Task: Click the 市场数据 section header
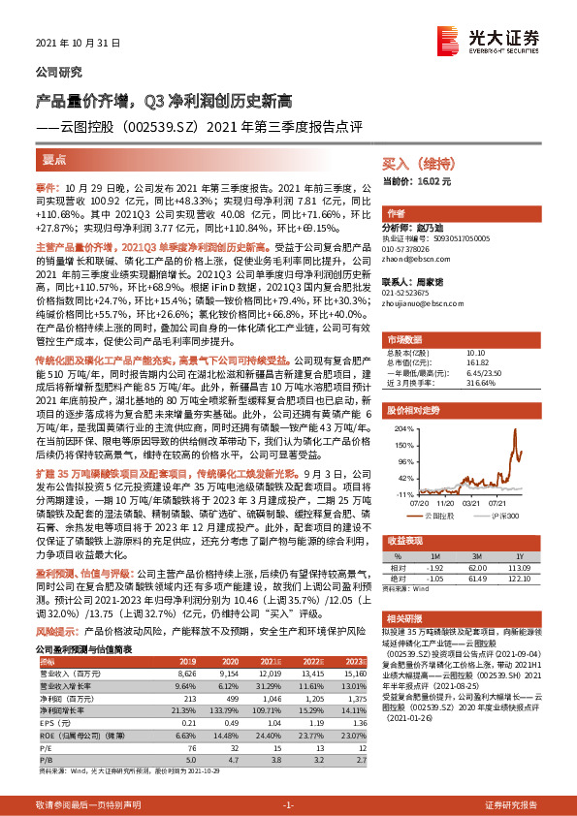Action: click(406, 340)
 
